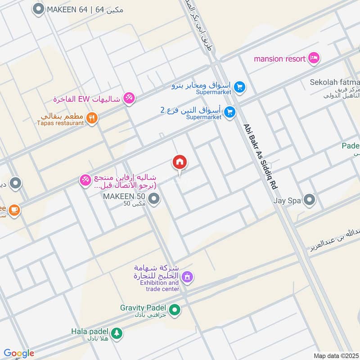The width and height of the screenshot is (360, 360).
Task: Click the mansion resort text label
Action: pyautogui.click(x=279, y=58)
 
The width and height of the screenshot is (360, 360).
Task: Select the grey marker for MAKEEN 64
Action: pyautogui.click(x=39, y=9)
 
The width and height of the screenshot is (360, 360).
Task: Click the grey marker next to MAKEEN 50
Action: pyautogui.click(x=154, y=198)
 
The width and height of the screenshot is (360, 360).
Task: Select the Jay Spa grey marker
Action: pyautogui.click(x=309, y=199)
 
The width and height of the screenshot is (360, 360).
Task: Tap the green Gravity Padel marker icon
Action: pyautogui.click(x=175, y=310)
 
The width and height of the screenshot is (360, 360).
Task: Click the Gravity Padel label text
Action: pyautogui.click(x=143, y=308)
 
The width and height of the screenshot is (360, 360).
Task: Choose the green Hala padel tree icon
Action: pyautogui.click(x=117, y=333)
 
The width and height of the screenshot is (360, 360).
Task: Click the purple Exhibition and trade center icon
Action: pyautogui.click(x=188, y=278)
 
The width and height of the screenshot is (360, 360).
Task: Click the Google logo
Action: pyautogui.click(x=19, y=353)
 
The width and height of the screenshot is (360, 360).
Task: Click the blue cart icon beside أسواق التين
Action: pyautogui.click(x=230, y=112)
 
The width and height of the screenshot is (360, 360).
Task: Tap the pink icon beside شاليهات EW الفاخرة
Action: pyautogui.click(x=129, y=98)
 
